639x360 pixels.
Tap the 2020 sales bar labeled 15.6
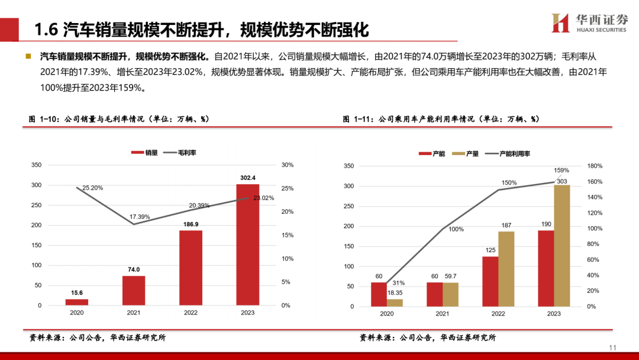[77, 302]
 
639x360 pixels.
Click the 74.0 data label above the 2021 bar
[134, 269]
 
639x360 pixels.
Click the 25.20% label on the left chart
[93, 188]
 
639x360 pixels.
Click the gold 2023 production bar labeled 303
[561, 246]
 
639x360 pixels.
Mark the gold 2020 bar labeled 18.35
[395, 303]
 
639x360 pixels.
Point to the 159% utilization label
[561, 171]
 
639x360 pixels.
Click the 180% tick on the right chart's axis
[594, 166]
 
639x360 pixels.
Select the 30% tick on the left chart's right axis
[287, 165]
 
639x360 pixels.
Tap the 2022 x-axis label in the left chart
[191, 313]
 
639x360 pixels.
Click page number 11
[613, 348]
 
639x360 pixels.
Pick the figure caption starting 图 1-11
[441, 119]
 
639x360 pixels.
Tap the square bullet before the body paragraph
[28, 57]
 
